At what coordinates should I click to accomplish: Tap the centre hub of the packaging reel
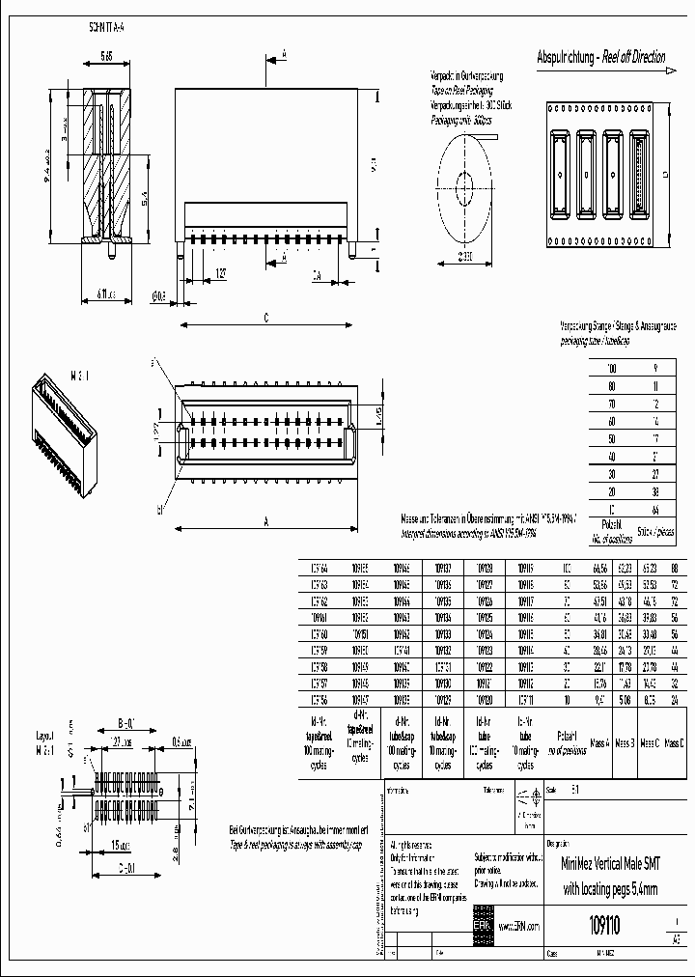(462, 181)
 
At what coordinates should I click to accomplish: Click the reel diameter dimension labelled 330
(464, 255)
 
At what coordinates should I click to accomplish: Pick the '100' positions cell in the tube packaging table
(610, 369)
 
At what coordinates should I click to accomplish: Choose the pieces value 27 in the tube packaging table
(655, 474)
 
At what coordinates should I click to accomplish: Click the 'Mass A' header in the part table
(598, 743)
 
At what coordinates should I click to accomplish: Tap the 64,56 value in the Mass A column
(598, 567)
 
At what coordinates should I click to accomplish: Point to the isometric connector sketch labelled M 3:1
(67, 430)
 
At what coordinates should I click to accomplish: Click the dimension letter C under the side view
(265, 319)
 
